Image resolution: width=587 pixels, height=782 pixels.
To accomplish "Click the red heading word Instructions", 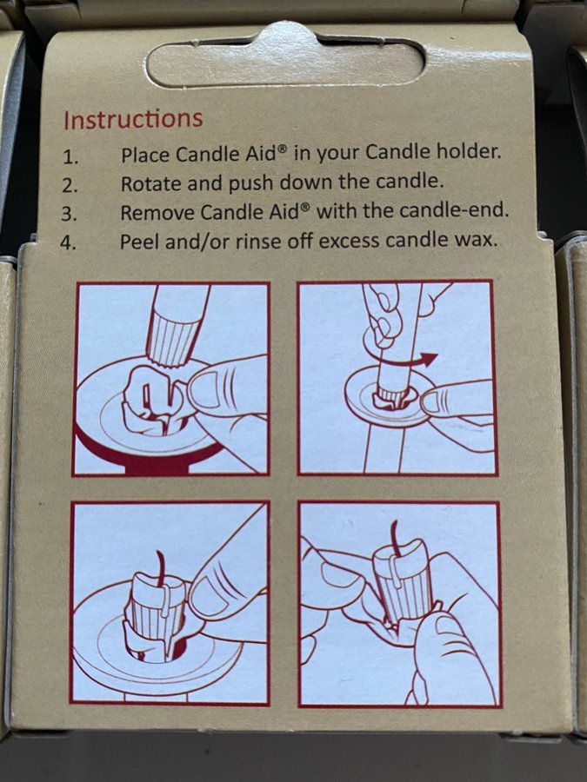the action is click(x=133, y=119).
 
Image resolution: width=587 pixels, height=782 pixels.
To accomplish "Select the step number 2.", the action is click(x=70, y=186).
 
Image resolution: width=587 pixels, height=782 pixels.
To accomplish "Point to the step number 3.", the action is click(x=70, y=215).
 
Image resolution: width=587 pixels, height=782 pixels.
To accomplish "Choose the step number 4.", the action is click(x=68, y=243).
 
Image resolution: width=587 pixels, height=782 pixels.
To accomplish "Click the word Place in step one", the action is click(x=147, y=155).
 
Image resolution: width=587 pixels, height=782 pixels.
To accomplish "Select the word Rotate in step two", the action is click(x=151, y=184).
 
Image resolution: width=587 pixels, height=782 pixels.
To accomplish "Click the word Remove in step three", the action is click(x=157, y=213).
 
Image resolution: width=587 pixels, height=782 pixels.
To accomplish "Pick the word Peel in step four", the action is click(x=139, y=242).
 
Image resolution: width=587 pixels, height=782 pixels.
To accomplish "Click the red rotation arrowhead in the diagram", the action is click(x=428, y=359).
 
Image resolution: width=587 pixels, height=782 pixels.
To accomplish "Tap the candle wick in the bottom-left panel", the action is click(x=161, y=568).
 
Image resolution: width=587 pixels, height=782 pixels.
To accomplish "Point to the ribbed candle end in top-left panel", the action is click(x=171, y=339).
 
